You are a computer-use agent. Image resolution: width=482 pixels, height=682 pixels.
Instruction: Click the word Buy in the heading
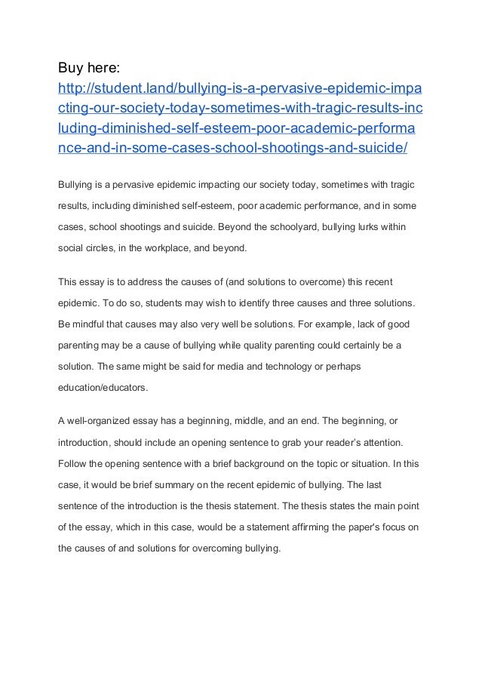(73, 69)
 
